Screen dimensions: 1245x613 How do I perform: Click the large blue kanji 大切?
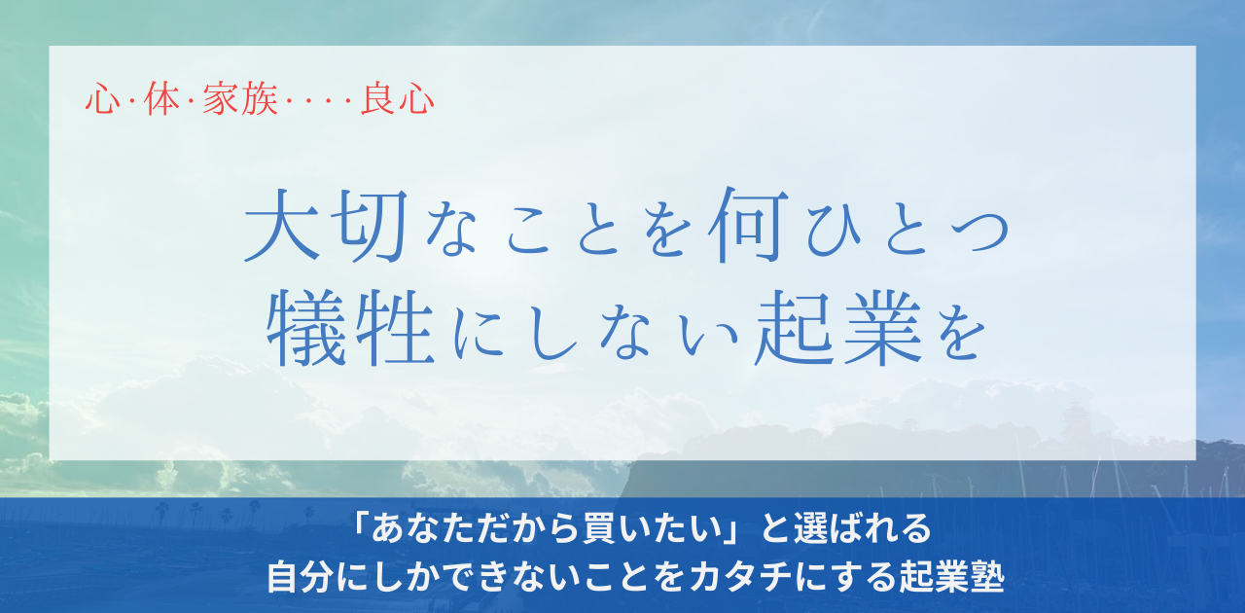[x=327, y=226]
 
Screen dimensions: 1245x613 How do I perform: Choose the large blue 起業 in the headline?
[x=837, y=328]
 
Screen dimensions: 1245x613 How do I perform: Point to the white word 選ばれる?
[x=863, y=528]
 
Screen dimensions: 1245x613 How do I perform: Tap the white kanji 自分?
[x=302, y=578]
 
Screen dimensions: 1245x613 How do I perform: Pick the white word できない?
[x=506, y=578]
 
